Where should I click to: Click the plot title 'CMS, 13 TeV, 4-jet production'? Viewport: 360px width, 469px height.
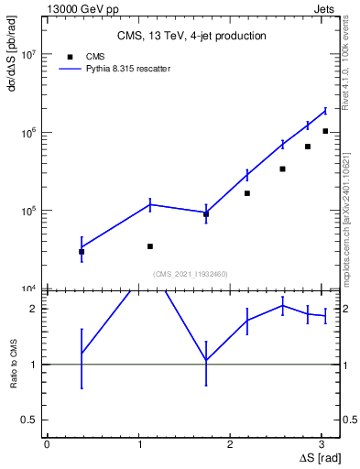click(191, 37)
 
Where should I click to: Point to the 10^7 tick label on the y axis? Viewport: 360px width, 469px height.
click(29, 55)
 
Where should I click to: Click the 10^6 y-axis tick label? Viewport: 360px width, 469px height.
click(29, 133)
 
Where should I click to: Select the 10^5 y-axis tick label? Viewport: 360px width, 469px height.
click(29, 211)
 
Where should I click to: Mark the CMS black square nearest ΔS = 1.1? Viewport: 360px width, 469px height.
click(150, 246)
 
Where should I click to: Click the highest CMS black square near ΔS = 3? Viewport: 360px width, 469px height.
click(325, 131)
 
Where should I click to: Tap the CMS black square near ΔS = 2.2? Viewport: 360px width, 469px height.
click(247, 193)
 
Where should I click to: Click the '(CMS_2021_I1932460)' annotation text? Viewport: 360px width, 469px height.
click(191, 274)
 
